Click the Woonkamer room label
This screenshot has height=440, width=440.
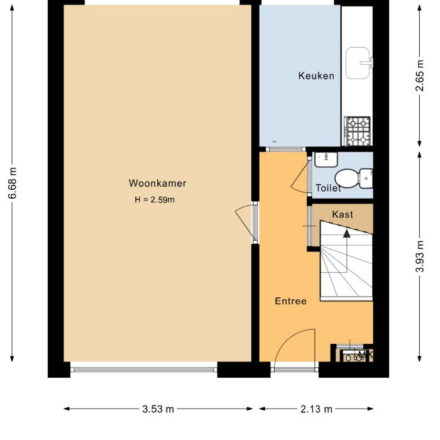coord(157,184)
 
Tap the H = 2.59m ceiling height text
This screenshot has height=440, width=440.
coord(154,200)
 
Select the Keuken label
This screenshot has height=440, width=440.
coord(316,75)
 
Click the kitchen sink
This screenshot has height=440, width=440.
coord(359,63)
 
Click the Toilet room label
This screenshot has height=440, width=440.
coord(327,188)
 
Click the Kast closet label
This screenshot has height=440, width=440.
coord(343,214)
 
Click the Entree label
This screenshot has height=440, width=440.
coord(290,301)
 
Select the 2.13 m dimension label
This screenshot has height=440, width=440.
coord(316,409)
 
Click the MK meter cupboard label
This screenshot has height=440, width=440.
coord(365,356)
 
